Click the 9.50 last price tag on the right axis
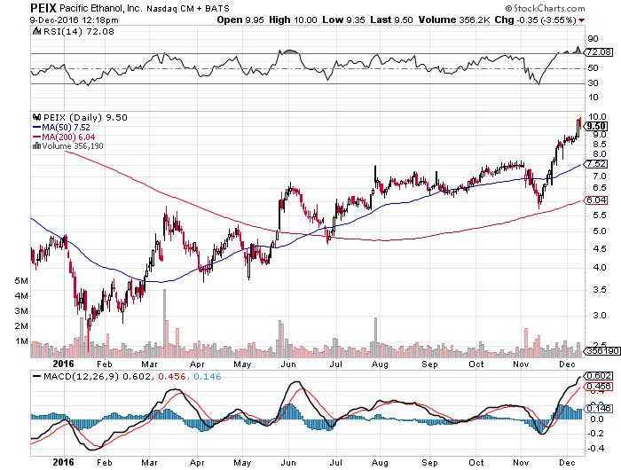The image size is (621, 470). coord(595,126)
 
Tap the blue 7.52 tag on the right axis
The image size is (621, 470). coord(595,164)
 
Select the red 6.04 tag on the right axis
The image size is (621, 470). coord(595,200)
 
